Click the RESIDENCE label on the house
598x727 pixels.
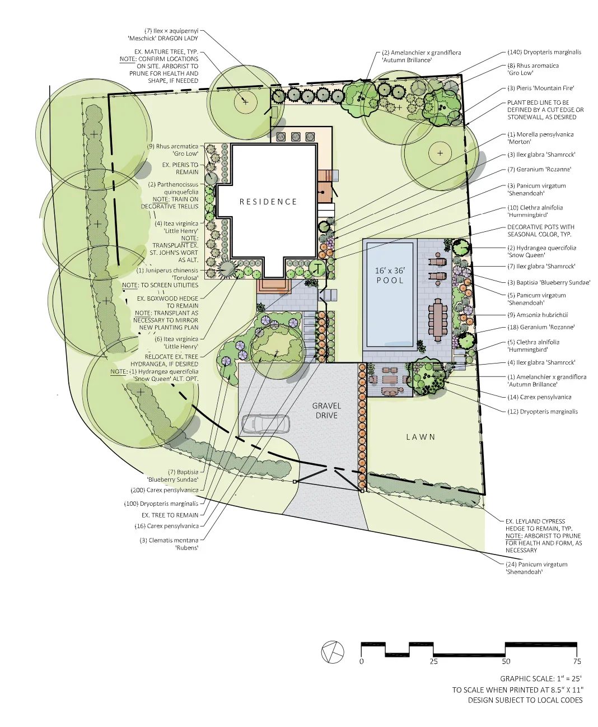(x=268, y=202)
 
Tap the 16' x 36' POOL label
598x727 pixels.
(x=390, y=275)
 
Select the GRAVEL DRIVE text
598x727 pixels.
(x=326, y=411)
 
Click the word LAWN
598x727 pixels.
(x=421, y=437)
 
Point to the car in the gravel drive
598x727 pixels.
(x=265, y=424)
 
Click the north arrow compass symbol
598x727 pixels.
(x=333, y=652)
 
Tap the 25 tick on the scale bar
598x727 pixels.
(x=433, y=661)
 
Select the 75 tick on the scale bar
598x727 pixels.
(x=577, y=661)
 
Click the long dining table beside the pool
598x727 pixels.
(x=437, y=320)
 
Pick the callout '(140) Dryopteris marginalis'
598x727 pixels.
(x=544, y=52)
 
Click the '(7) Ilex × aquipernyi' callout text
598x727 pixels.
(x=171, y=31)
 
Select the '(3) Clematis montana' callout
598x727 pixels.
(x=169, y=540)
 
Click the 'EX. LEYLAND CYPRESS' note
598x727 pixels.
(x=535, y=521)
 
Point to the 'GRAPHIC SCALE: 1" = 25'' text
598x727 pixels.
(x=541, y=678)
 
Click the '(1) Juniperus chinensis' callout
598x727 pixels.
(x=167, y=270)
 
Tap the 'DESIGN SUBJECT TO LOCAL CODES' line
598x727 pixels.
(x=525, y=700)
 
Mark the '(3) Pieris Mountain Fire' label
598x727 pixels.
(x=540, y=88)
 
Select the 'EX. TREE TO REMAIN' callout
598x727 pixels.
(x=170, y=515)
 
